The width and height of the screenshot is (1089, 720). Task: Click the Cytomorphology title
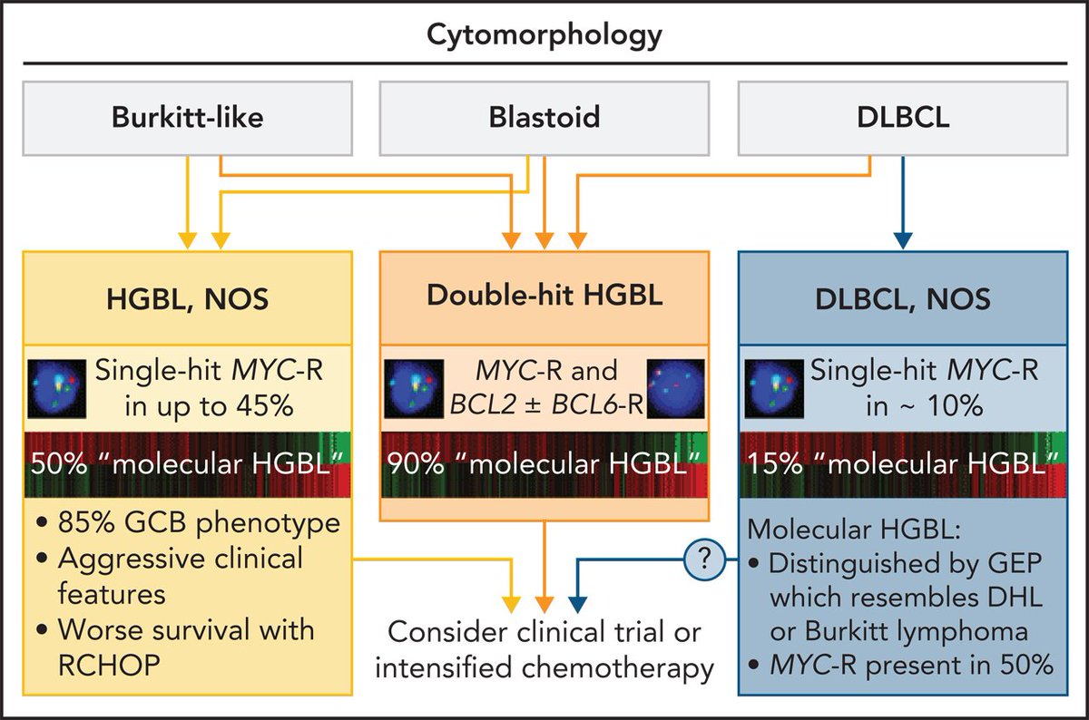pos(544,36)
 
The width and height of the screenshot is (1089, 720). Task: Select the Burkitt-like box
pos(188,118)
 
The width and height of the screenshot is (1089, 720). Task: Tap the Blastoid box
pos(544,118)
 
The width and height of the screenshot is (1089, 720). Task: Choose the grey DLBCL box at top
pos(903,118)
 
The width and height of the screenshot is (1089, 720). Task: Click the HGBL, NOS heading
pos(188,298)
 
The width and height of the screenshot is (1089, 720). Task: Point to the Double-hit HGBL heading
pos(544,295)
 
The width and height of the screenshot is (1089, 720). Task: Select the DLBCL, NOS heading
pos(903,298)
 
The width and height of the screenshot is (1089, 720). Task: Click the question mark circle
pos(704,559)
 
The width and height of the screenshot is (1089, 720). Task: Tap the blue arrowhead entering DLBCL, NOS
pos(903,241)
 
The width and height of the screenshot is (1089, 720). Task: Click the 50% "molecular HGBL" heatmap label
pos(188,464)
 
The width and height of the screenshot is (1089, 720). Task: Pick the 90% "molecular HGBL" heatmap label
pos(544,464)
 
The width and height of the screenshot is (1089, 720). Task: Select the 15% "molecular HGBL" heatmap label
pos(903,464)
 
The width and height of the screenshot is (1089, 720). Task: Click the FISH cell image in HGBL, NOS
pos(57,389)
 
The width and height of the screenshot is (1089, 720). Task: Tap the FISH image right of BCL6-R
pos(676,389)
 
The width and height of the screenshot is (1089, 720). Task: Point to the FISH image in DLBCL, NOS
pos(774,389)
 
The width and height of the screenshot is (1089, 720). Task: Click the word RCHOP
pos(109,665)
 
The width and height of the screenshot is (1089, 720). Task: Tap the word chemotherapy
pos(617,669)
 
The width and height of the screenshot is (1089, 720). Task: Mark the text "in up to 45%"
pos(209,406)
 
